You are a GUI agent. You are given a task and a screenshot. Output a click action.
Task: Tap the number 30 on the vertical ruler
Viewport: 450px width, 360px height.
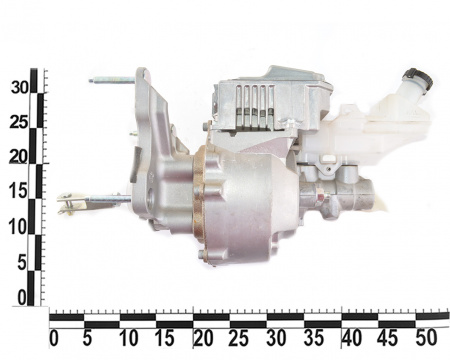click(20, 88)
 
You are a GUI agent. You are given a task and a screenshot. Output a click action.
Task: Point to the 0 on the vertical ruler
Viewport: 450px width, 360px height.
click(22, 298)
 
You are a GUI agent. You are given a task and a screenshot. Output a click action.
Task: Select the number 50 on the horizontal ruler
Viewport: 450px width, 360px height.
click(426, 338)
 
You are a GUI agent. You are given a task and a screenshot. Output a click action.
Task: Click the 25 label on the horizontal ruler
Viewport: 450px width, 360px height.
click(239, 338)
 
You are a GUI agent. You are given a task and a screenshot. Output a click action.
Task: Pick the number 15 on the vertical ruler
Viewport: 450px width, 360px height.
click(18, 192)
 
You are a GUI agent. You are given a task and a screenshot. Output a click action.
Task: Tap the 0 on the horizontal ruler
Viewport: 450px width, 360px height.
click(54, 338)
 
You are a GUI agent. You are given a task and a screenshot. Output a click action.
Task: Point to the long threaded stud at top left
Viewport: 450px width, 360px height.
click(112, 80)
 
